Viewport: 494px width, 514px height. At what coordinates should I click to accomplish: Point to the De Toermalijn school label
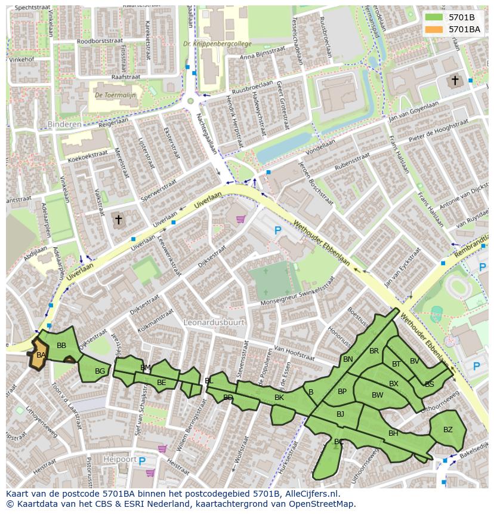tap(115, 95)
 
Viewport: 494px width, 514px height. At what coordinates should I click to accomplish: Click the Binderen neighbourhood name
tap(63, 124)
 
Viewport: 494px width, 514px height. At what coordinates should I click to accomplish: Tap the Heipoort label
tap(116, 459)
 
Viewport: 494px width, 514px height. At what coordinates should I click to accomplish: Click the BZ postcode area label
tap(448, 429)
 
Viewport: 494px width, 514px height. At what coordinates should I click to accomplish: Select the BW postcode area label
tap(377, 395)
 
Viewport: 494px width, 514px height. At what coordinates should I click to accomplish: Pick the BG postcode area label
tap(100, 371)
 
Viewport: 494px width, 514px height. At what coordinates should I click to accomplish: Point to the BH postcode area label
tap(393, 433)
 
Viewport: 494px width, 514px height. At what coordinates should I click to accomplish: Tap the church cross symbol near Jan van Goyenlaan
tap(455, 80)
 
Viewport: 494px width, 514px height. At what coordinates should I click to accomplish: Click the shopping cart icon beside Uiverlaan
tap(240, 220)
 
